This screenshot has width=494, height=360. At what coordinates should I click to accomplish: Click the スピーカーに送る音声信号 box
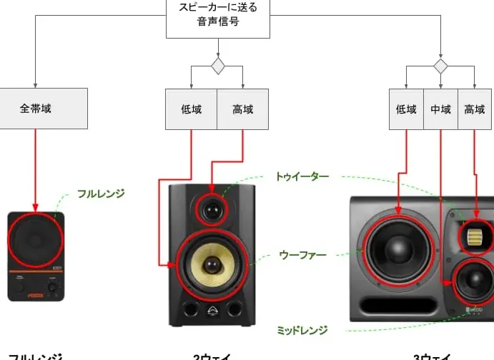pos(218,18)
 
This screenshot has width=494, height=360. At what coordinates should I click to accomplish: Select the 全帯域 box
pos(36,109)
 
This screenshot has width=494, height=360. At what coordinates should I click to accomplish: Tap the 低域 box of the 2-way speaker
pos(191,109)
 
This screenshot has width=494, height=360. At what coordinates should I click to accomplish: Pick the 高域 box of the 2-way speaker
pos(243,109)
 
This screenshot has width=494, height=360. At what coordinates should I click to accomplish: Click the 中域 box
pos(441,109)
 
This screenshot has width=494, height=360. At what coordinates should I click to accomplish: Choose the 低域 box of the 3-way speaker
pos(406,109)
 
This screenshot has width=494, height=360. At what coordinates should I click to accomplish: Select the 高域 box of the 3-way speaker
pos(475,109)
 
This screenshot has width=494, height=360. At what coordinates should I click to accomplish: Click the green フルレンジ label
pos(101,193)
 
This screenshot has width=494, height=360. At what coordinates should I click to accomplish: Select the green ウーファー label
pos(302,255)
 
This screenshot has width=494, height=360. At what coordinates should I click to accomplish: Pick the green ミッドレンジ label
pos(302,330)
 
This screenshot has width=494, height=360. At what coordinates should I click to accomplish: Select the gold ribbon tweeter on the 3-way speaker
pos(475,236)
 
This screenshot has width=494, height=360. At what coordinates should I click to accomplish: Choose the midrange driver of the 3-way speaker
pos(471,284)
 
